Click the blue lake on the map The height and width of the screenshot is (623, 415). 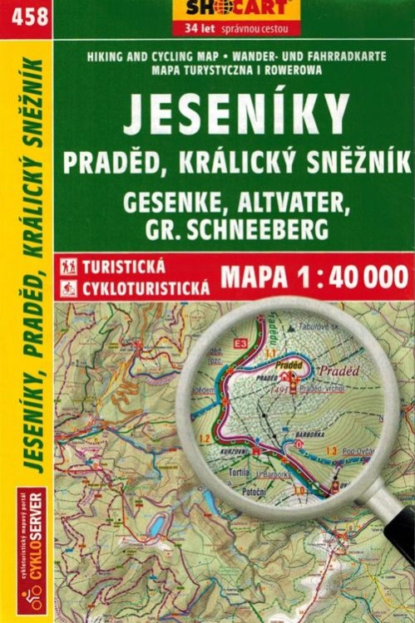coord(156,523)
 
